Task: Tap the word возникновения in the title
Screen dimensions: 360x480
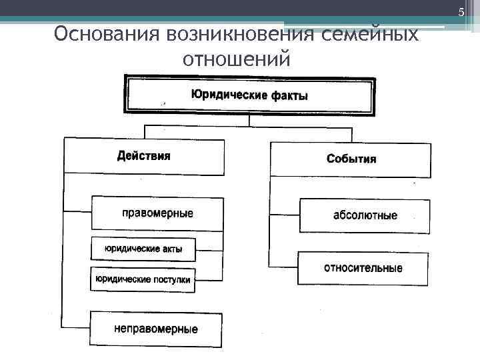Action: [219, 33]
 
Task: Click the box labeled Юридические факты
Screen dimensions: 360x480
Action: [249, 95]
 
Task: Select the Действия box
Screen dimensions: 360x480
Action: [143, 156]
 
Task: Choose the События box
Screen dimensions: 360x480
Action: [351, 159]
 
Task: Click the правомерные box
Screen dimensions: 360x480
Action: [157, 213]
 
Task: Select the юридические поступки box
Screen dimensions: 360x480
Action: [143, 280]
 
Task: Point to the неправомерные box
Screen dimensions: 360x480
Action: [156, 329]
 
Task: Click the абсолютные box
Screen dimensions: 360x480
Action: [365, 215]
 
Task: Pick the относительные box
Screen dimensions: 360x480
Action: [363, 268]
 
